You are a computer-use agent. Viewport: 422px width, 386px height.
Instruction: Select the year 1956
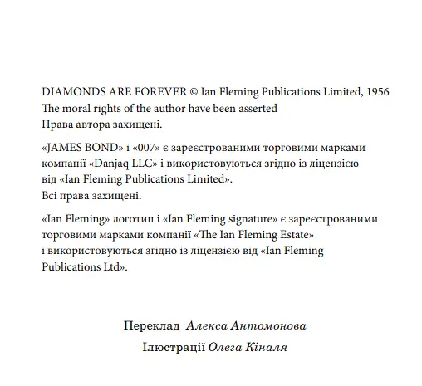point(375,91)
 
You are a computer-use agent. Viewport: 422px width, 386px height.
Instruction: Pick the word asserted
point(255,108)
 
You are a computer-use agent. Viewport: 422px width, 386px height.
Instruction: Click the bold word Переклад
point(151,326)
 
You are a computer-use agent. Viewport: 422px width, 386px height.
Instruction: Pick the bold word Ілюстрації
point(176,346)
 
